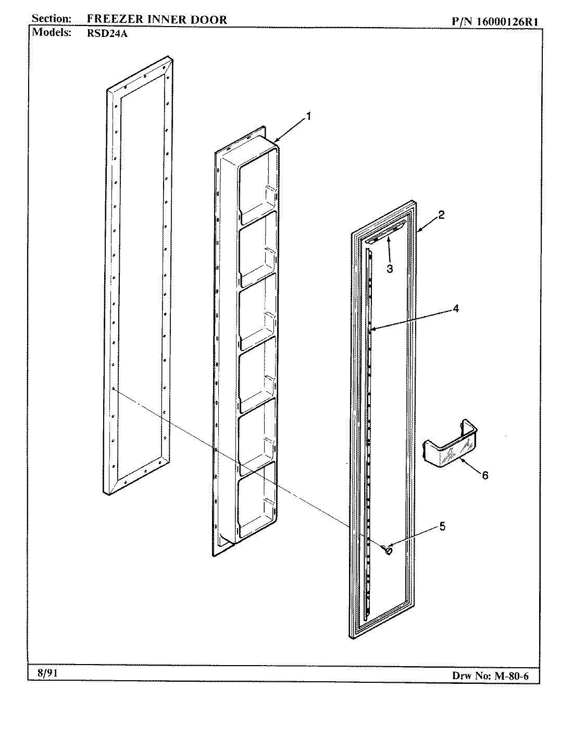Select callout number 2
(441, 215)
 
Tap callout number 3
(389, 269)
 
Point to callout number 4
(455, 308)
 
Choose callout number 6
(484, 475)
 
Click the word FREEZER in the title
(112, 20)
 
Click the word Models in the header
(52, 32)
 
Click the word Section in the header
(52, 19)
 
